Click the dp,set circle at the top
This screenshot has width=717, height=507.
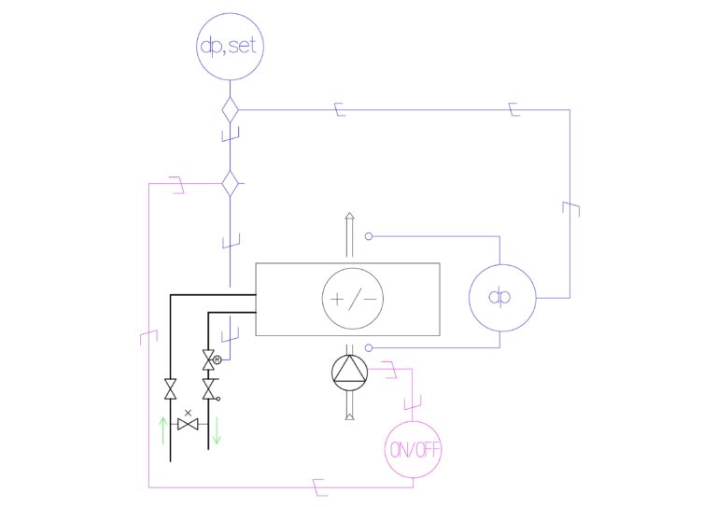[x=230, y=46]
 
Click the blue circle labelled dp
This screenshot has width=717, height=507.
[x=500, y=298]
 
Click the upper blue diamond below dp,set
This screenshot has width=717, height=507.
[x=230, y=110]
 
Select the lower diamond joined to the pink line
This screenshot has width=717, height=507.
[x=230, y=183]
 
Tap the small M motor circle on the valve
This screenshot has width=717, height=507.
[x=218, y=359]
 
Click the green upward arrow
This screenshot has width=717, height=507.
[x=163, y=430]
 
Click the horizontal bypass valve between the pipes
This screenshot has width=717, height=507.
[x=190, y=425]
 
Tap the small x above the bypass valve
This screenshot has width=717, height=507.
[x=190, y=412]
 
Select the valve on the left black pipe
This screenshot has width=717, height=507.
[x=171, y=388]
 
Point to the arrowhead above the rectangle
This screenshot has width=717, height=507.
[x=350, y=217]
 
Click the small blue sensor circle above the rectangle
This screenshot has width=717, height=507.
[x=369, y=236]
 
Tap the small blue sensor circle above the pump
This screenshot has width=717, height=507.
[x=369, y=347]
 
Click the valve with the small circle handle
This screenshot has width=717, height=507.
[x=207, y=387]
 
